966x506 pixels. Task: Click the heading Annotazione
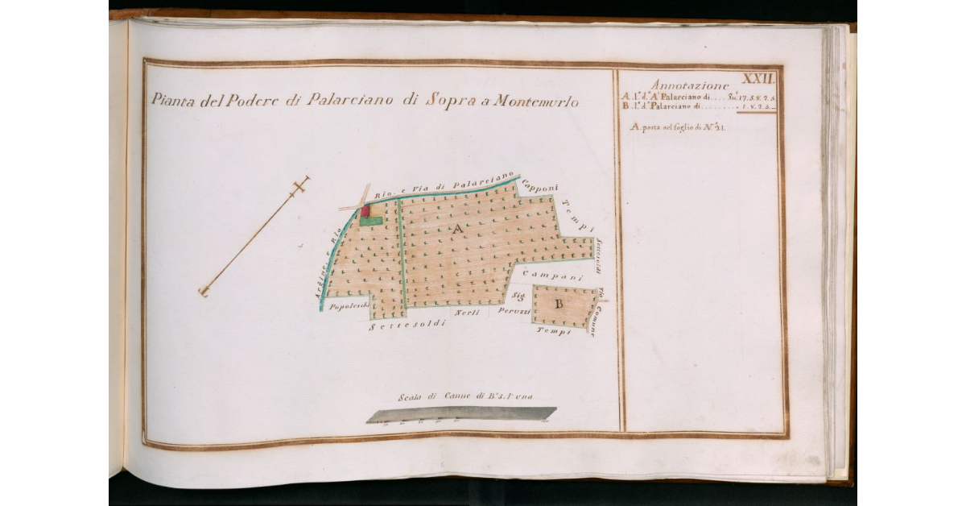690,85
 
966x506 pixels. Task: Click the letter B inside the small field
558,304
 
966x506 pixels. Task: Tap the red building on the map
365,211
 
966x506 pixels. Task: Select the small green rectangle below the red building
370,221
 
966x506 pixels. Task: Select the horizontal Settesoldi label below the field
407,326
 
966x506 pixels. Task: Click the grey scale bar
461,413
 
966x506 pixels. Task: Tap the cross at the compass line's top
300,186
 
